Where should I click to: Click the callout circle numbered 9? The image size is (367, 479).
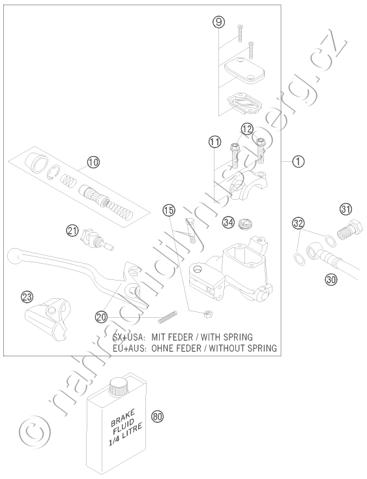(219, 22)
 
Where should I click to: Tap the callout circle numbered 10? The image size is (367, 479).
(93, 162)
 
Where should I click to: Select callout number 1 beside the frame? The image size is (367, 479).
(298, 161)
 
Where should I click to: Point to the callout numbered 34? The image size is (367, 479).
(229, 222)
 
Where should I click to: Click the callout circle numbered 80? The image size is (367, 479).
(157, 416)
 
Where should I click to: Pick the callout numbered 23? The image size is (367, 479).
(27, 296)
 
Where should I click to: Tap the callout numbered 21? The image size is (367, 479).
(72, 231)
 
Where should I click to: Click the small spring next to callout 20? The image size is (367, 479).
(168, 317)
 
